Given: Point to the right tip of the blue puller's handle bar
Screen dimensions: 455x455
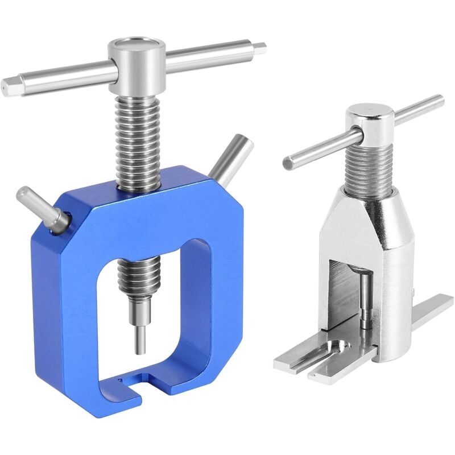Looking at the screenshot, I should click(x=260, y=48).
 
